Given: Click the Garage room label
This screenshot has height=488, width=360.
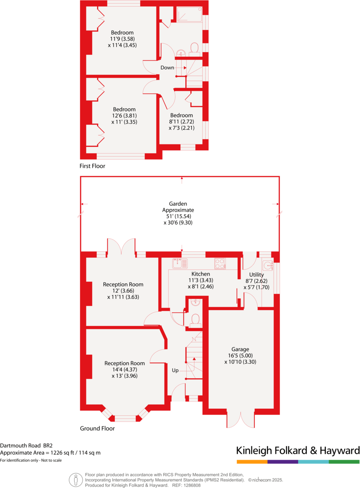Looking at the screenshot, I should (240, 349).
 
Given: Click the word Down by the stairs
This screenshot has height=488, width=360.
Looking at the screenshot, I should (167, 68).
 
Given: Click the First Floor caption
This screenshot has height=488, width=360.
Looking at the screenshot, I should (92, 166).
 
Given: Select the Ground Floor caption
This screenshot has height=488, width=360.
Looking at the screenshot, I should (97, 428).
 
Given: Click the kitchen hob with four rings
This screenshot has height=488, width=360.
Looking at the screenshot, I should (220, 264).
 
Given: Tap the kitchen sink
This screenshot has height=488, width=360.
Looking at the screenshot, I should (180, 263).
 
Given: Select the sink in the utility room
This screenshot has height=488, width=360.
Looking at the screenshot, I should (268, 264).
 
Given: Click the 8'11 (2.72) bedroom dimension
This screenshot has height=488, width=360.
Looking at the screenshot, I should (181, 122).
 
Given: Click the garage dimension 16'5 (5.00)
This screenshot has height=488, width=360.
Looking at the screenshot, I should (240, 356).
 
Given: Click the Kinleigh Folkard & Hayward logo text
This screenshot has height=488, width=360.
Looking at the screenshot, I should (298, 451).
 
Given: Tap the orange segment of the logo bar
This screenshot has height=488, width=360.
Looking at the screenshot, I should (252, 462).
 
